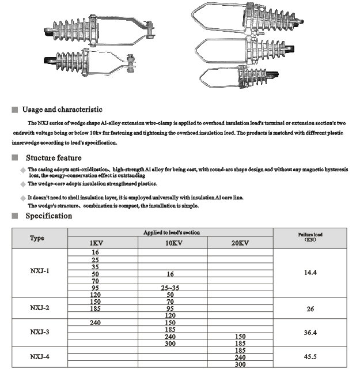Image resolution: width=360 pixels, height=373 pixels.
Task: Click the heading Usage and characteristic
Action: click(x=62, y=110)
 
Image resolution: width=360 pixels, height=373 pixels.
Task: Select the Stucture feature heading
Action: click(x=54, y=158)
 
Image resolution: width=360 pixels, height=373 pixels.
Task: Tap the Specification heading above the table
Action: click(x=48, y=216)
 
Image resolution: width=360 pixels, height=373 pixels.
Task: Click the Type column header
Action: click(x=37, y=238)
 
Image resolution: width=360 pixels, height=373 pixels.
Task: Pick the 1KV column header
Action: click(x=97, y=243)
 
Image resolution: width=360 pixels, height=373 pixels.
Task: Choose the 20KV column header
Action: click(x=240, y=243)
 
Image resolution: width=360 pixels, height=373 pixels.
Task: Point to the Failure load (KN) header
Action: click(x=310, y=237)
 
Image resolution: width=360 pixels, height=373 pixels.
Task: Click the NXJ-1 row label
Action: click(x=40, y=271)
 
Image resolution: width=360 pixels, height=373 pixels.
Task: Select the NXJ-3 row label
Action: click(x=40, y=332)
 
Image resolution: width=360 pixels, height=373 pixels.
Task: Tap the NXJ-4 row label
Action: click(x=40, y=357)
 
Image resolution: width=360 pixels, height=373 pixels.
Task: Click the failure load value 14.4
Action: click(x=310, y=271)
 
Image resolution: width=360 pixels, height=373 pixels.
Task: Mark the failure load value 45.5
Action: click(x=310, y=357)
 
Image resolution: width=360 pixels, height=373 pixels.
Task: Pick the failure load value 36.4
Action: click(x=310, y=332)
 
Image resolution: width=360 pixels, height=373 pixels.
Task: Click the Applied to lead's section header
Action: click(x=172, y=232)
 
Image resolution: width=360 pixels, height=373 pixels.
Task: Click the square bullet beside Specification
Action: click(x=15, y=217)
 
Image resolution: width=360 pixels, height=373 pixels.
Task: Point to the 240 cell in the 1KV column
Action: click(x=96, y=323)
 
